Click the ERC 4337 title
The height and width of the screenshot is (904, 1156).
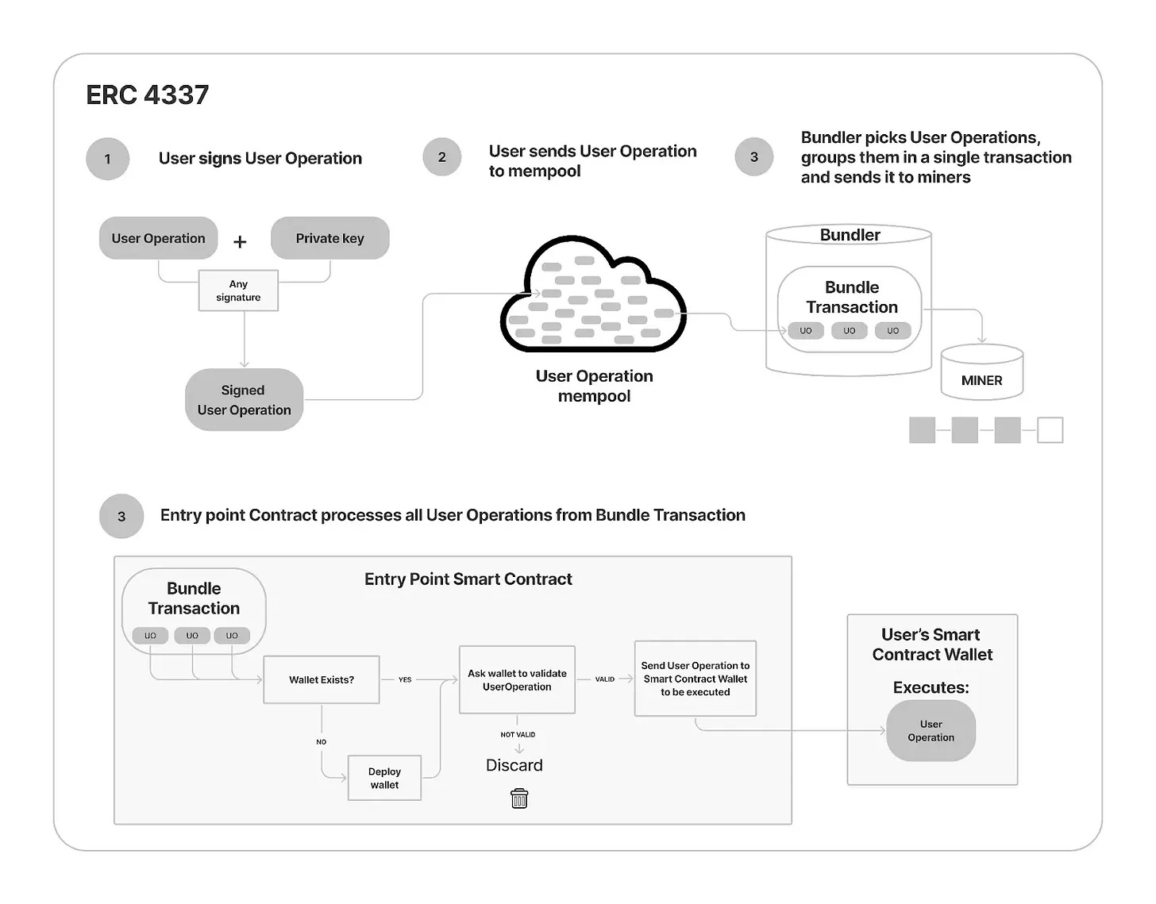(148, 95)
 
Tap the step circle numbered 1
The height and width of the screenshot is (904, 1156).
(108, 159)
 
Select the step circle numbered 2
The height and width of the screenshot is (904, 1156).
(441, 157)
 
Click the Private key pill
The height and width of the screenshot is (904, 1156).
(329, 238)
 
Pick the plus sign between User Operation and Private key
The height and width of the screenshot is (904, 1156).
(240, 241)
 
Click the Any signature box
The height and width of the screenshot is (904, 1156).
(238, 290)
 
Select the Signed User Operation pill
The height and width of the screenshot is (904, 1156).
(244, 400)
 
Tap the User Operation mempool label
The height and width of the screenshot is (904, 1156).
(594, 386)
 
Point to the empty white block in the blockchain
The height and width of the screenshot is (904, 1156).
(1050, 430)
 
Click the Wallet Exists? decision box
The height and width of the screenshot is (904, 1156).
(321, 679)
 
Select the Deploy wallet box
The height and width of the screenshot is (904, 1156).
(384, 778)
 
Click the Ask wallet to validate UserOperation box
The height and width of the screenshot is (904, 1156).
(517, 679)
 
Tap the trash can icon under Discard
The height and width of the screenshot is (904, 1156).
(519, 798)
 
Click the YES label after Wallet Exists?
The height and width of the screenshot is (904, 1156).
(405, 679)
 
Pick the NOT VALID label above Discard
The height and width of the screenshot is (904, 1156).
(518, 734)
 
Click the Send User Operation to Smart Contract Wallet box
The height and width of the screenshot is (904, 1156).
(695, 679)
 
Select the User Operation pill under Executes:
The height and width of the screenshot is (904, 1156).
(931, 731)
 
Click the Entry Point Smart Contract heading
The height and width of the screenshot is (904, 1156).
(468, 579)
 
